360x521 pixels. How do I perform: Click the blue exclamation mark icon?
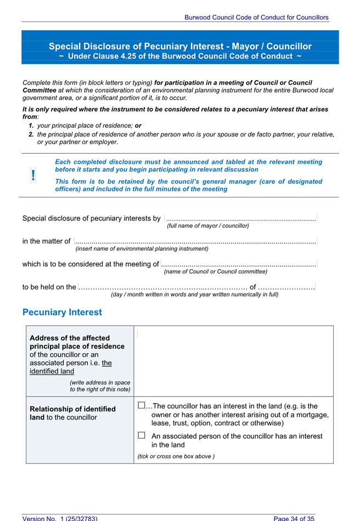(33, 175)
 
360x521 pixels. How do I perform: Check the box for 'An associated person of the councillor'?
(141, 435)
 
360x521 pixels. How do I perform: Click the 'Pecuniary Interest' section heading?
(62, 312)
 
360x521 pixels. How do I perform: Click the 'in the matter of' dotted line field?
(195, 241)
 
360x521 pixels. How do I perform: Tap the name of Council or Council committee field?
(239, 264)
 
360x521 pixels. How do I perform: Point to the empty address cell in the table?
(233, 360)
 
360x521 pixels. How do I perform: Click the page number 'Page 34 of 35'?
(294, 518)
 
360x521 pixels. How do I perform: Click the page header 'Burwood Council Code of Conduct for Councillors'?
(256, 18)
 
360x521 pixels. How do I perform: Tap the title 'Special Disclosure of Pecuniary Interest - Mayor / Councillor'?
(180, 47)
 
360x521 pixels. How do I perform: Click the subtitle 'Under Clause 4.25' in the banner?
(180, 56)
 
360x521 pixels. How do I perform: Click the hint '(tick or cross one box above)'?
(176, 456)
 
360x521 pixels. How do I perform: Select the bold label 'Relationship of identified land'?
(72, 413)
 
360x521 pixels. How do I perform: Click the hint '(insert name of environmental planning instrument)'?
(142, 248)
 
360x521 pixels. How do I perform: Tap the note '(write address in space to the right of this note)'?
(100, 386)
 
